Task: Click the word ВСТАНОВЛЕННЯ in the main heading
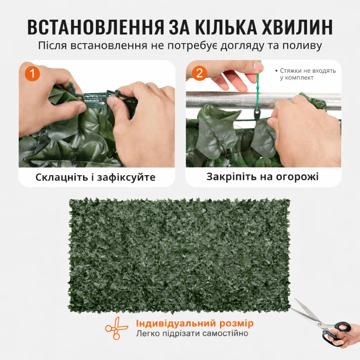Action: [x=96, y=27]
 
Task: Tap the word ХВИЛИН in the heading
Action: [x=297, y=27]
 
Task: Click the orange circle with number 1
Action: [x=32, y=73]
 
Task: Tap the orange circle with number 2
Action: [x=199, y=73]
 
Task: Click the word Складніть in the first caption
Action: [x=62, y=177]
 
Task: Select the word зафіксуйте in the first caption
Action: [x=127, y=177]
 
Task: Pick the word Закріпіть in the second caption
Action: [x=231, y=177]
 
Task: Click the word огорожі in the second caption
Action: [x=297, y=177]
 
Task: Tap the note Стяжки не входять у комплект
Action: [x=306, y=74]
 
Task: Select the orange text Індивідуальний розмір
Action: [x=195, y=323]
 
